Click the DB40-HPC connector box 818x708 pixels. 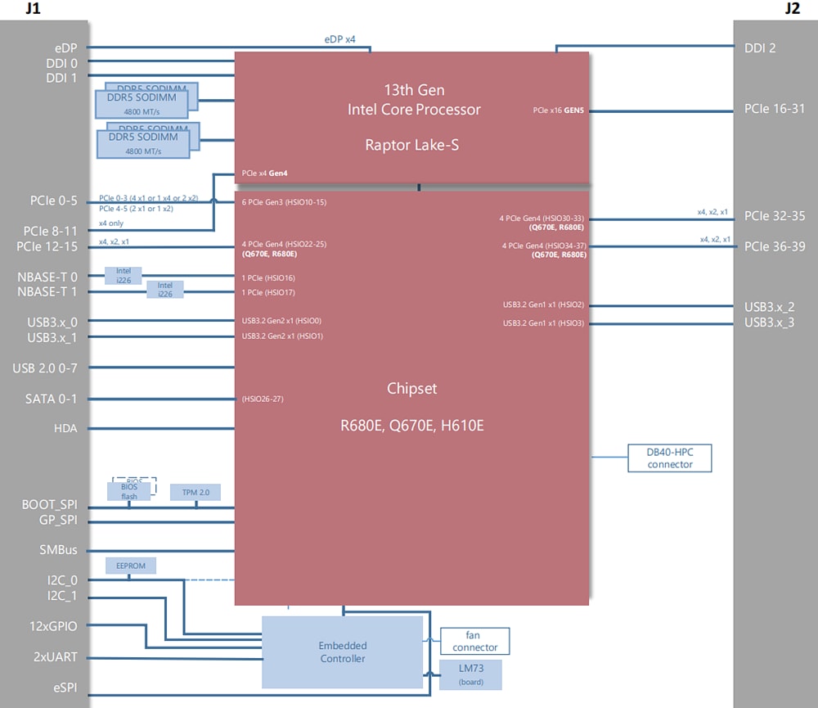pos(670,458)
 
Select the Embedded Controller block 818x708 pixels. pos(342,652)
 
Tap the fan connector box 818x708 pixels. pos(474,641)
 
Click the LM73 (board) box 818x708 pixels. pos(470,674)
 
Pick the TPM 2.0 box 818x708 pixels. pos(196,492)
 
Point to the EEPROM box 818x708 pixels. pos(131,566)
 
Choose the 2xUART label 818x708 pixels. pos(54,656)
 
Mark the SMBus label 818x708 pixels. pos(58,550)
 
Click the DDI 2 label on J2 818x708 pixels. pos(760,47)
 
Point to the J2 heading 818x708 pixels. pos(792,9)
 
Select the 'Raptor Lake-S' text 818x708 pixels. pos(411,145)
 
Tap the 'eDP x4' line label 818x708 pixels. pos(339,38)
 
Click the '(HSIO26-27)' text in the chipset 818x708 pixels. pos(263,399)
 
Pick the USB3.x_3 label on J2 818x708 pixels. pos(769,322)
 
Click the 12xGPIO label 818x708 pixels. pos(54,626)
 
